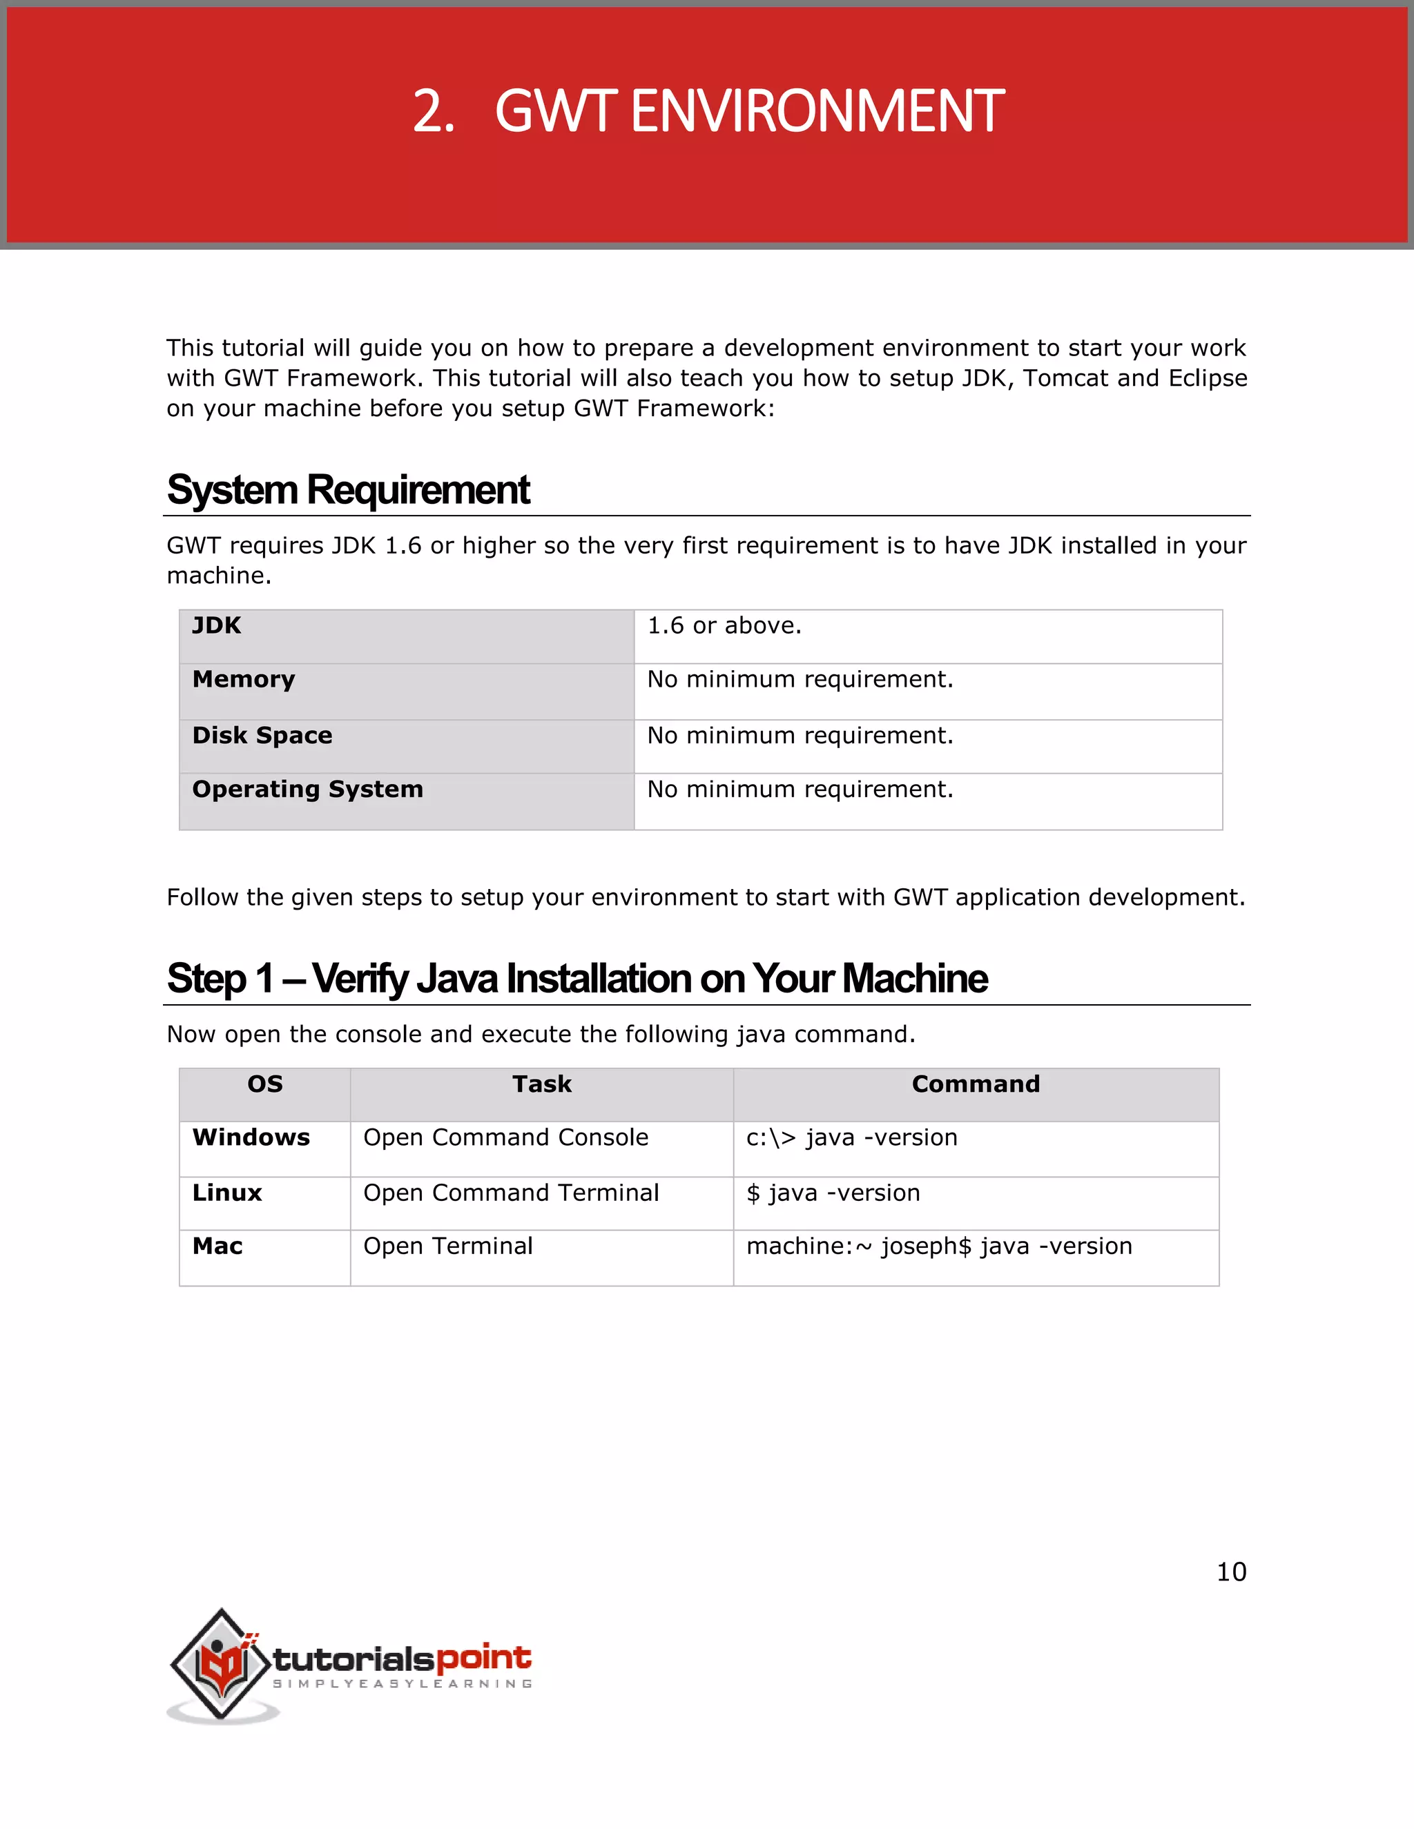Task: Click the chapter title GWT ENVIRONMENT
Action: click(708, 111)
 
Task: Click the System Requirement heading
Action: click(348, 490)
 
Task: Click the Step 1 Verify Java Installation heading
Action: click(577, 978)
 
